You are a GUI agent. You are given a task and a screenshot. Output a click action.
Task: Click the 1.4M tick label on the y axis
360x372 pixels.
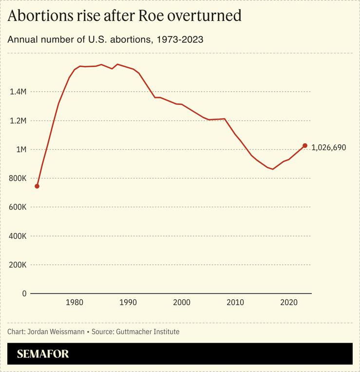(18, 92)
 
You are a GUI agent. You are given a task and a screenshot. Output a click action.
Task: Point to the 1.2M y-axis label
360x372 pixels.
(18, 120)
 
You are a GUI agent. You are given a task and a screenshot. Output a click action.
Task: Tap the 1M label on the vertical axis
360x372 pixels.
(20, 149)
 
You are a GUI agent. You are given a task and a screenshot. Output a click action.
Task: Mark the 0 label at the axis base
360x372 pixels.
(23, 294)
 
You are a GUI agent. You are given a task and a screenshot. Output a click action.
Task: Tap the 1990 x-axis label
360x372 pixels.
(128, 303)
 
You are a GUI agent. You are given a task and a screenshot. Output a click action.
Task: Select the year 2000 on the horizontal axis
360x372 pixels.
(182, 303)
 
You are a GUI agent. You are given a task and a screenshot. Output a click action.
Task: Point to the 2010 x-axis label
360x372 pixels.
(235, 303)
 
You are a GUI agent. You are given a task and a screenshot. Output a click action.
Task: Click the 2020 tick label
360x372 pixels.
(289, 303)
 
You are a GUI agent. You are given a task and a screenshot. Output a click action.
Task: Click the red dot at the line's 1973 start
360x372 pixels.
(37, 186)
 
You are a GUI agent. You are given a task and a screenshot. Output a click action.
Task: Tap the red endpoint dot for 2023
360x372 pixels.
(305, 145)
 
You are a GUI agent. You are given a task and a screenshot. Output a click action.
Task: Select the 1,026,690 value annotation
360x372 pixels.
(329, 147)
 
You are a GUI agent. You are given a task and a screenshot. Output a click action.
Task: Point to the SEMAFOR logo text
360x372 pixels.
(43, 354)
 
